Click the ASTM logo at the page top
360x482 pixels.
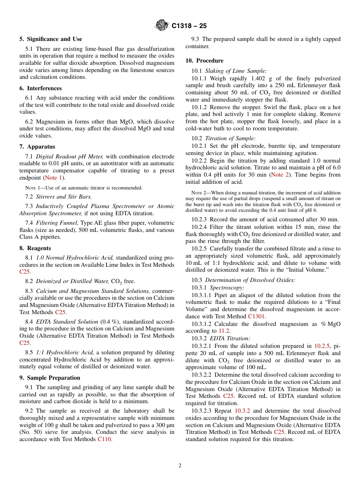point(162,26)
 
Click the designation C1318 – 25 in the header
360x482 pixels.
point(189,26)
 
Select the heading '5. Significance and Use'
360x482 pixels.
point(50,39)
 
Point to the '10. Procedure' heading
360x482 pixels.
point(204,61)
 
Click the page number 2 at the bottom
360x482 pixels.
point(180,466)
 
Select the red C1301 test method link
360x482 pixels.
point(257,316)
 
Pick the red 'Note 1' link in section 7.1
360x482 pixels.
point(53,178)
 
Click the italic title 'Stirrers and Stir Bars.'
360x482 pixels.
point(64,196)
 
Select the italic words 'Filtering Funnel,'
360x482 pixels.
point(57,223)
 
